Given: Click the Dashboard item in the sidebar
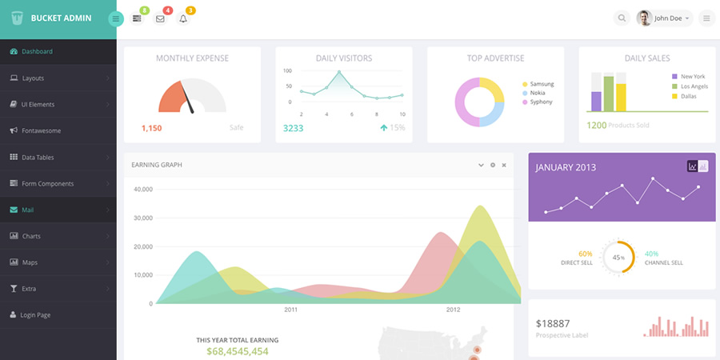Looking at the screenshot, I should coord(37,52).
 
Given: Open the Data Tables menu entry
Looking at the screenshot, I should coord(38,158).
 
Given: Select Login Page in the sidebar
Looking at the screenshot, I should coord(35,315).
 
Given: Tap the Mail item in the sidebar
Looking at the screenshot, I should coord(28,210).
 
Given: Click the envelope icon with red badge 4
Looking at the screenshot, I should coord(160,18).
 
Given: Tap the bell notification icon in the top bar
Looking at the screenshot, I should coord(183,18).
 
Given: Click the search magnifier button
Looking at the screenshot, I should coord(622,18).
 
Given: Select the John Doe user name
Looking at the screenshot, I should coord(669,18).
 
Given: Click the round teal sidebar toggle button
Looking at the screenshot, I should coord(116,18).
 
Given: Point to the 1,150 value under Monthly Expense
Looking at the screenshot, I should coord(151,128).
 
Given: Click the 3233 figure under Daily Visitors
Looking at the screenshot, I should coord(293,128).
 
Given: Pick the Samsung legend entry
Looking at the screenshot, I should coord(542,84).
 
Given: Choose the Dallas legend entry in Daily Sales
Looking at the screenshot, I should coord(688,96).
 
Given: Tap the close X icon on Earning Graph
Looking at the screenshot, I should coord(504,165).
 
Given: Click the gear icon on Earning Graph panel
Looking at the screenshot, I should coord(493,165).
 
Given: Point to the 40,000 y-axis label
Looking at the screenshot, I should coord(142,190).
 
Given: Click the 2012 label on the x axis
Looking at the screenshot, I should coord(453,310).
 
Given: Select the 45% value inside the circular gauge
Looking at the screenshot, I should coord(618,258).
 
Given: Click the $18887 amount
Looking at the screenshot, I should coord(554,323).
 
